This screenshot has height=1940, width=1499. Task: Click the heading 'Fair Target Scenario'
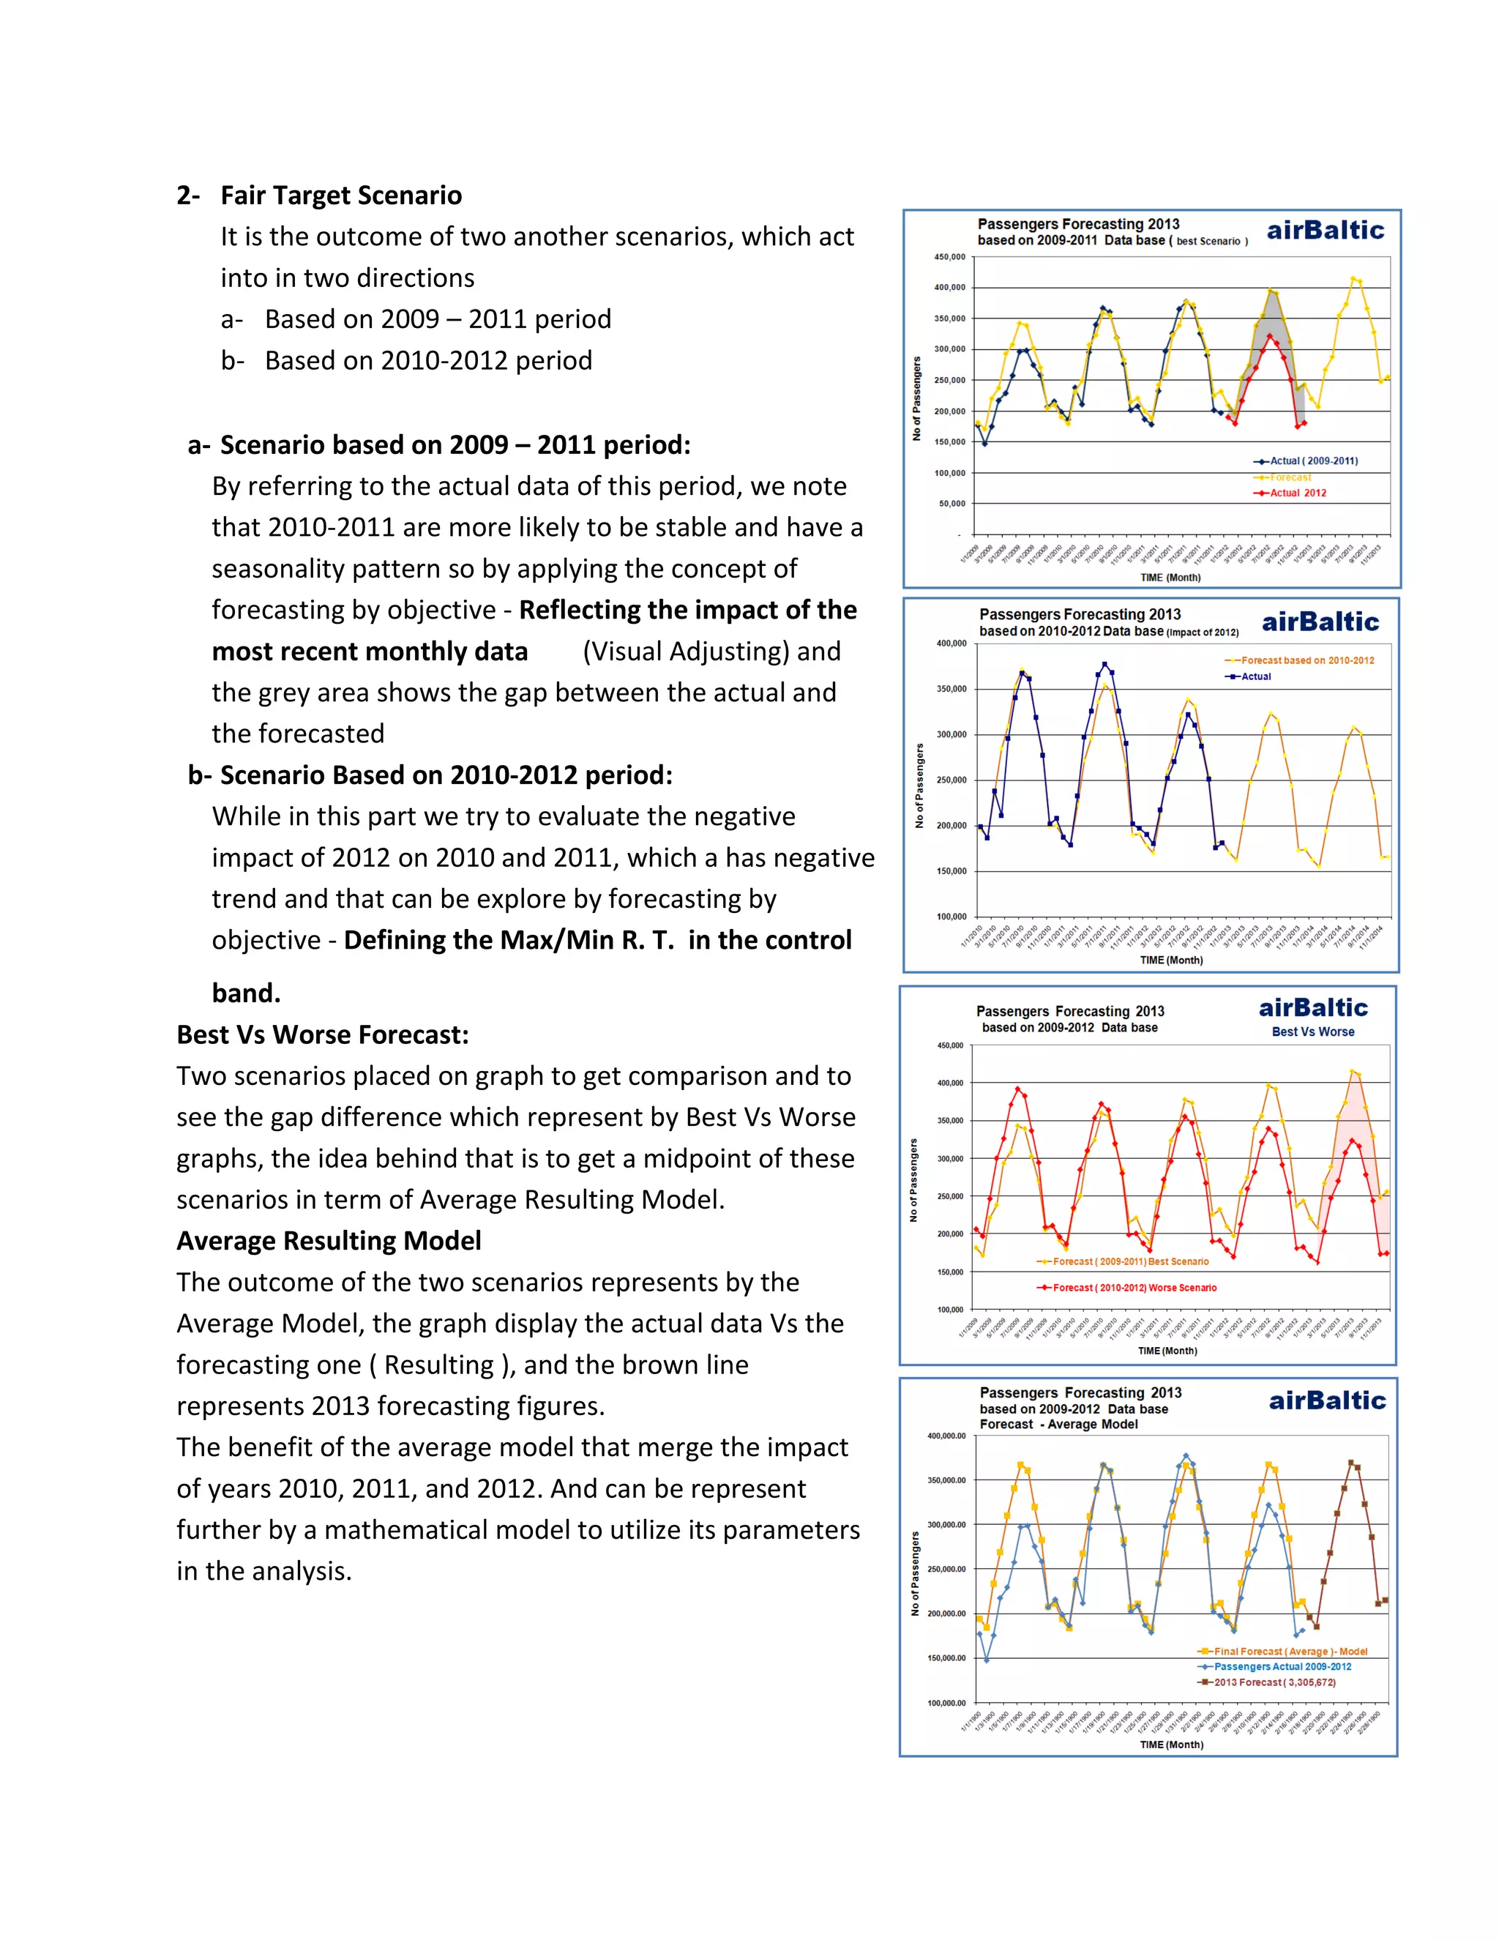[341, 195]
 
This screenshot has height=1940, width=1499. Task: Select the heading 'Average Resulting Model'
[329, 1241]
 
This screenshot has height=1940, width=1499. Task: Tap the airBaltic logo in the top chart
[1325, 231]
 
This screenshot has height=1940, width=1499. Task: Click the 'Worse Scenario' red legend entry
[1134, 1287]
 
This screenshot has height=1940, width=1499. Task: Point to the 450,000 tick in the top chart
[949, 257]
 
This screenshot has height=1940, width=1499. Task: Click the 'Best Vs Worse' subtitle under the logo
[1312, 1032]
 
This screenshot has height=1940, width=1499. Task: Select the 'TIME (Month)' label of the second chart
[1170, 960]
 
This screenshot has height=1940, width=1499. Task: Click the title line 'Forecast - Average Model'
[1058, 1424]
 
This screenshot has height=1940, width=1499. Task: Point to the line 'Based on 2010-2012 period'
[428, 361]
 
